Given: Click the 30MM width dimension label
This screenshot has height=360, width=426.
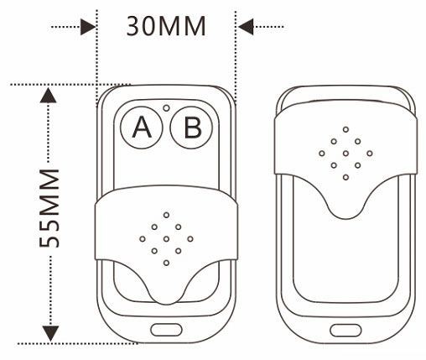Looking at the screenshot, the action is pos(166,27).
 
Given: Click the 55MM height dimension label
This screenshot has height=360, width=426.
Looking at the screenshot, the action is pos(49,208).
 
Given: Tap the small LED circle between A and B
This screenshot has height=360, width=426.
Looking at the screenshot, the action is pos(166,108).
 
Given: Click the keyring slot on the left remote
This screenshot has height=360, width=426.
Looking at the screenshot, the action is pos(166,330).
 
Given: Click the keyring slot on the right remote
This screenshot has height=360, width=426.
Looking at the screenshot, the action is pos(345,331).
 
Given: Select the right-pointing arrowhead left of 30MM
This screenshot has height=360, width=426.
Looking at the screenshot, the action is pos(88,27).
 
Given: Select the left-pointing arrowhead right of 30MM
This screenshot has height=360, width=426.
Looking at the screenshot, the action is pos(246,27).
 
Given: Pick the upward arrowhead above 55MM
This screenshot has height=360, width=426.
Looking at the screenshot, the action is pos(49,96).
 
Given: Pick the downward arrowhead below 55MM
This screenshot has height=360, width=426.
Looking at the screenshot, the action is pos(50,333).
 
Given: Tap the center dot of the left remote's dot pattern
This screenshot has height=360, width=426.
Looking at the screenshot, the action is pos(166,239).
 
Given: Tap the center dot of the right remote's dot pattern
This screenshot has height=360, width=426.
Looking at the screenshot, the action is pos(345,154).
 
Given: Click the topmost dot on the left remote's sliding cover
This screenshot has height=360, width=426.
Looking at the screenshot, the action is pos(166,215).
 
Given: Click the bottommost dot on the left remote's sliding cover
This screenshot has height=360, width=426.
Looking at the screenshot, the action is pos(166,263).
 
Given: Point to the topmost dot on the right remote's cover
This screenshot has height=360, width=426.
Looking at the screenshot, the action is pos(345,129).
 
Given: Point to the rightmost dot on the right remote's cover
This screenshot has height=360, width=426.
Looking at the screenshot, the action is pos(370,154).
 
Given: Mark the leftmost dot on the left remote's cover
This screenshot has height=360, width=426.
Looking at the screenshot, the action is pos(143,239).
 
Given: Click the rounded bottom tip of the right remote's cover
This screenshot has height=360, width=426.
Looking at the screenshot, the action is pos(346,219).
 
